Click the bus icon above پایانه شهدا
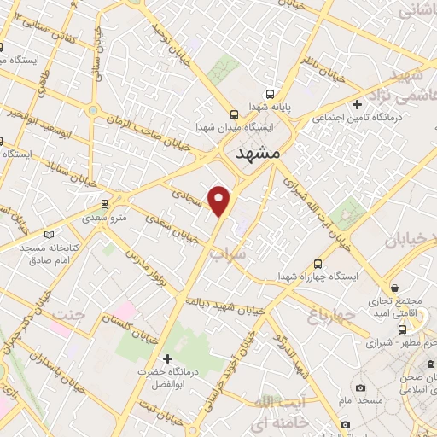click(270, 94)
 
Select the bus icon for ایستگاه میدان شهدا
click(234, 114)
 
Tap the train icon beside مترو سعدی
click(104, 205)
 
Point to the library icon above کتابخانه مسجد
click(49, 234)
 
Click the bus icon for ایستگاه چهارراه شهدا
click(318, 264)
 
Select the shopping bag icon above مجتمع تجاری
click(394, 288)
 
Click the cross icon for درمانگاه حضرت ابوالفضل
click(167, 358)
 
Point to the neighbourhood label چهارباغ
click(325, 318)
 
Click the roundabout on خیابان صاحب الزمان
click(92, 110)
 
